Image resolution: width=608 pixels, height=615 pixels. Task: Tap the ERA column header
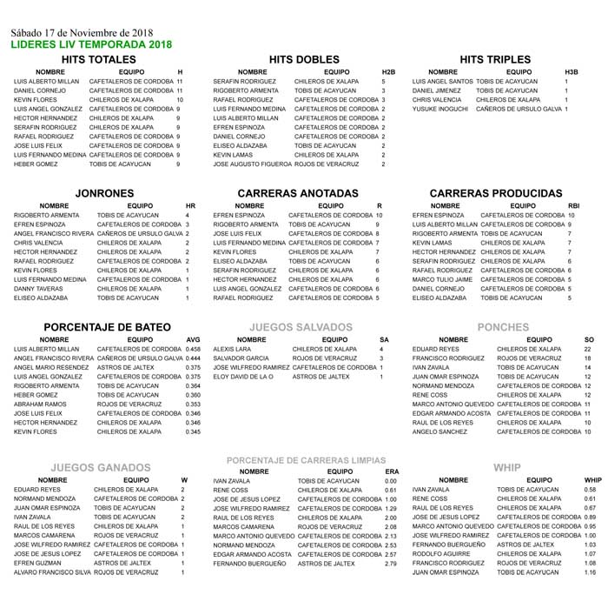(391, 471)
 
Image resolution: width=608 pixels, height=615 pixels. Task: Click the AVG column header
(194, 339)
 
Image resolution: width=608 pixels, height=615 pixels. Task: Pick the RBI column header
(573, 205)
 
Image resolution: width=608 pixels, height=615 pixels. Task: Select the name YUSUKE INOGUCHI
(441, 110)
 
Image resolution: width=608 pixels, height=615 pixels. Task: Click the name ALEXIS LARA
(231, 349)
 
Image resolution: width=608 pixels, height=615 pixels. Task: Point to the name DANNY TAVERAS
(38, 289)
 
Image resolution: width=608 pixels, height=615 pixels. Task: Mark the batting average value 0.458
(194, 349)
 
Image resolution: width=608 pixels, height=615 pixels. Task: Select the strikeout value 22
(588, 349)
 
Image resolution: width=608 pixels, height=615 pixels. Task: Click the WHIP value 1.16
(591, 572)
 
